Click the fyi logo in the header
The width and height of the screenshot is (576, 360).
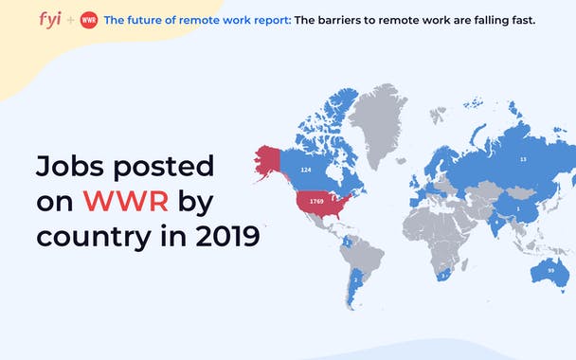pos(50,19)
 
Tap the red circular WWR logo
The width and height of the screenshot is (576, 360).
pos(88,20)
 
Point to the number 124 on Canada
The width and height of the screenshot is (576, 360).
pos(306,169)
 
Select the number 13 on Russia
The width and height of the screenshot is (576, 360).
pos(523,159)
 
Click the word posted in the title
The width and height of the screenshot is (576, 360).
pos(164,167)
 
